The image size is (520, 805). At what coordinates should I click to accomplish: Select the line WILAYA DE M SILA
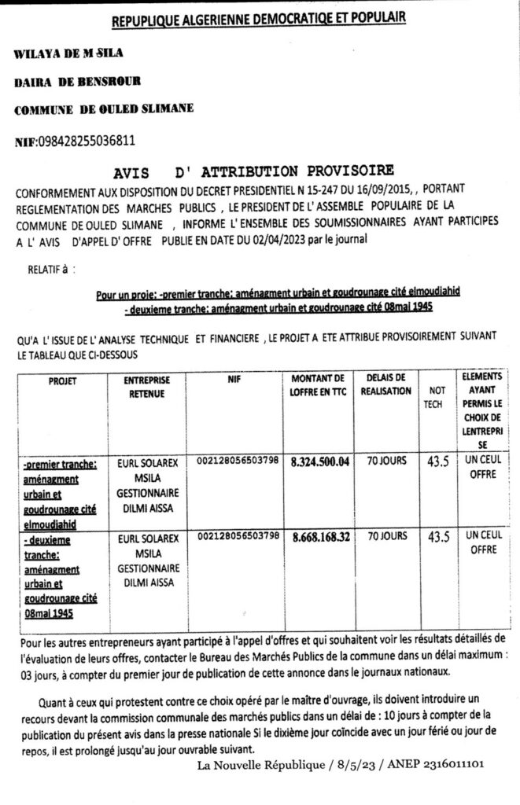click(69, 53)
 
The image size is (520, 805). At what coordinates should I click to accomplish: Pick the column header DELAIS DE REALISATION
click(385, 385)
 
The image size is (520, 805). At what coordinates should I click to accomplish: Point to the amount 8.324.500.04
click(319, 462)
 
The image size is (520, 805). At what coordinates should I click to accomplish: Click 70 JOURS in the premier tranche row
click(385, 461)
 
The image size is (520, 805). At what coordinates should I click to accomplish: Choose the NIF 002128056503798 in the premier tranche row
click(238, 461)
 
